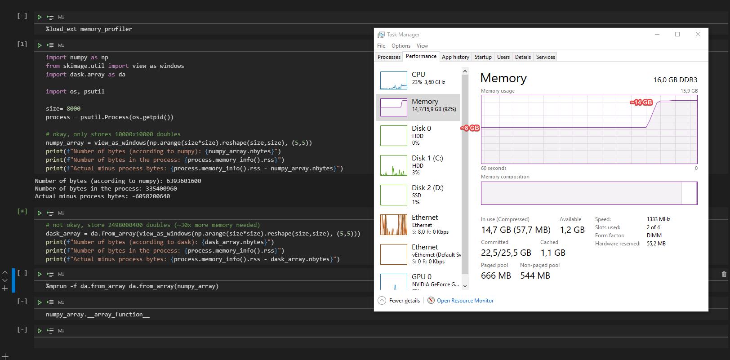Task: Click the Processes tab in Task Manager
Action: click(x=389, y=57)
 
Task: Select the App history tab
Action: click(x=455, y=57)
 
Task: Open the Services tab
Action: click(x=545, y=57)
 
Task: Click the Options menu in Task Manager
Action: click(x=401, y=46)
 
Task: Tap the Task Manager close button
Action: click(x=698, y=34)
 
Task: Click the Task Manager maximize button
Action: click(x=677, y=34)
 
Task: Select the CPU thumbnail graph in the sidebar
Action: click(x=393, y=80)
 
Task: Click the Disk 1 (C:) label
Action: click(x=427, y=158)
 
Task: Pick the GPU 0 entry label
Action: click(x=422, y=277)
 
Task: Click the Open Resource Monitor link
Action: click(x=465, y=301)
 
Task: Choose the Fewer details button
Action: click(x=404, y=301)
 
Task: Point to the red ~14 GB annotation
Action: click(x=641, y=102)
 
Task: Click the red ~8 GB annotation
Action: click(x=471, y=128)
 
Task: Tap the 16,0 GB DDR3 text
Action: click(x=675, y=80)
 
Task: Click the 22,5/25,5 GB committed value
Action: click(x=506, y=253)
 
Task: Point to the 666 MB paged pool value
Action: click(x=496, y=276)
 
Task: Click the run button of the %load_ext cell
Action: click(x=40, y=17)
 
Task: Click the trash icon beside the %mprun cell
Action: click(x=724, y=274)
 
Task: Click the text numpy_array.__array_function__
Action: click(x=98, y=315)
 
